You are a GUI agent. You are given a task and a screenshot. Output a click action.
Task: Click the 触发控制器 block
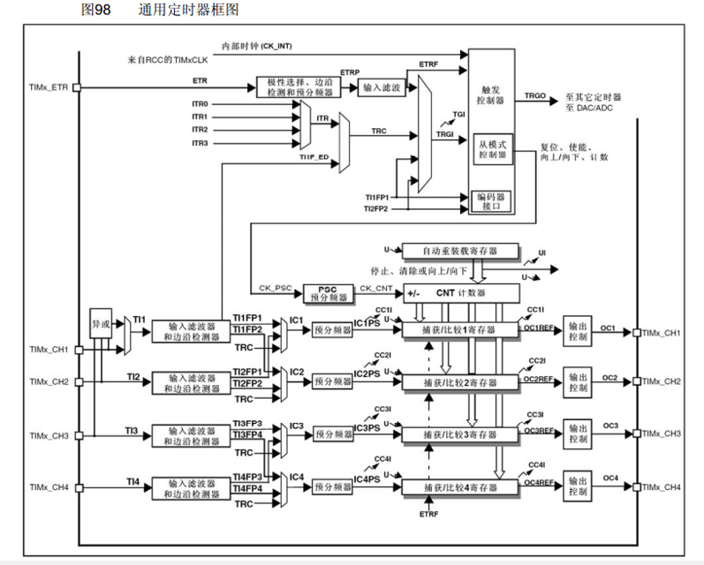coord(491,95)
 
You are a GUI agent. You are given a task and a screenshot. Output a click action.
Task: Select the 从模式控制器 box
coord(492,149)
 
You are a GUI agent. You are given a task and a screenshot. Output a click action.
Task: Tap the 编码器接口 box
coord(492,200)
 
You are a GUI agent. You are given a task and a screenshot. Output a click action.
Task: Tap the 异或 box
coord(102,324)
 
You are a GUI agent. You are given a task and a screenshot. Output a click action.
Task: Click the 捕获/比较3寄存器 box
coord(460,435)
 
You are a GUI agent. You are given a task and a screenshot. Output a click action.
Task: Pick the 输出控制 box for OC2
coord(578,382)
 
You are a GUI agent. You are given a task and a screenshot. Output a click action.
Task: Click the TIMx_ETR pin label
coord(48,87)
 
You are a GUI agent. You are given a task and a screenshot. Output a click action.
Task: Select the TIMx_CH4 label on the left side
coord(48,487)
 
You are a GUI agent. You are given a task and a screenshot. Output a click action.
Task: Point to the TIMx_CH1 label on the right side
coord(662,333)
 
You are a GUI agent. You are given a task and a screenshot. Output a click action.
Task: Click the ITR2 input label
coord(201,130)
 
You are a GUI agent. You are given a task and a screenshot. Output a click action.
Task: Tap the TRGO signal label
coord(534,94)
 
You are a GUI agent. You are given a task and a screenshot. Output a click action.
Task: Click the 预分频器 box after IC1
coord(331,329)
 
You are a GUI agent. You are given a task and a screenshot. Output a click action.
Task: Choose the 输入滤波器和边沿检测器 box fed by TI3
coord(192,435)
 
